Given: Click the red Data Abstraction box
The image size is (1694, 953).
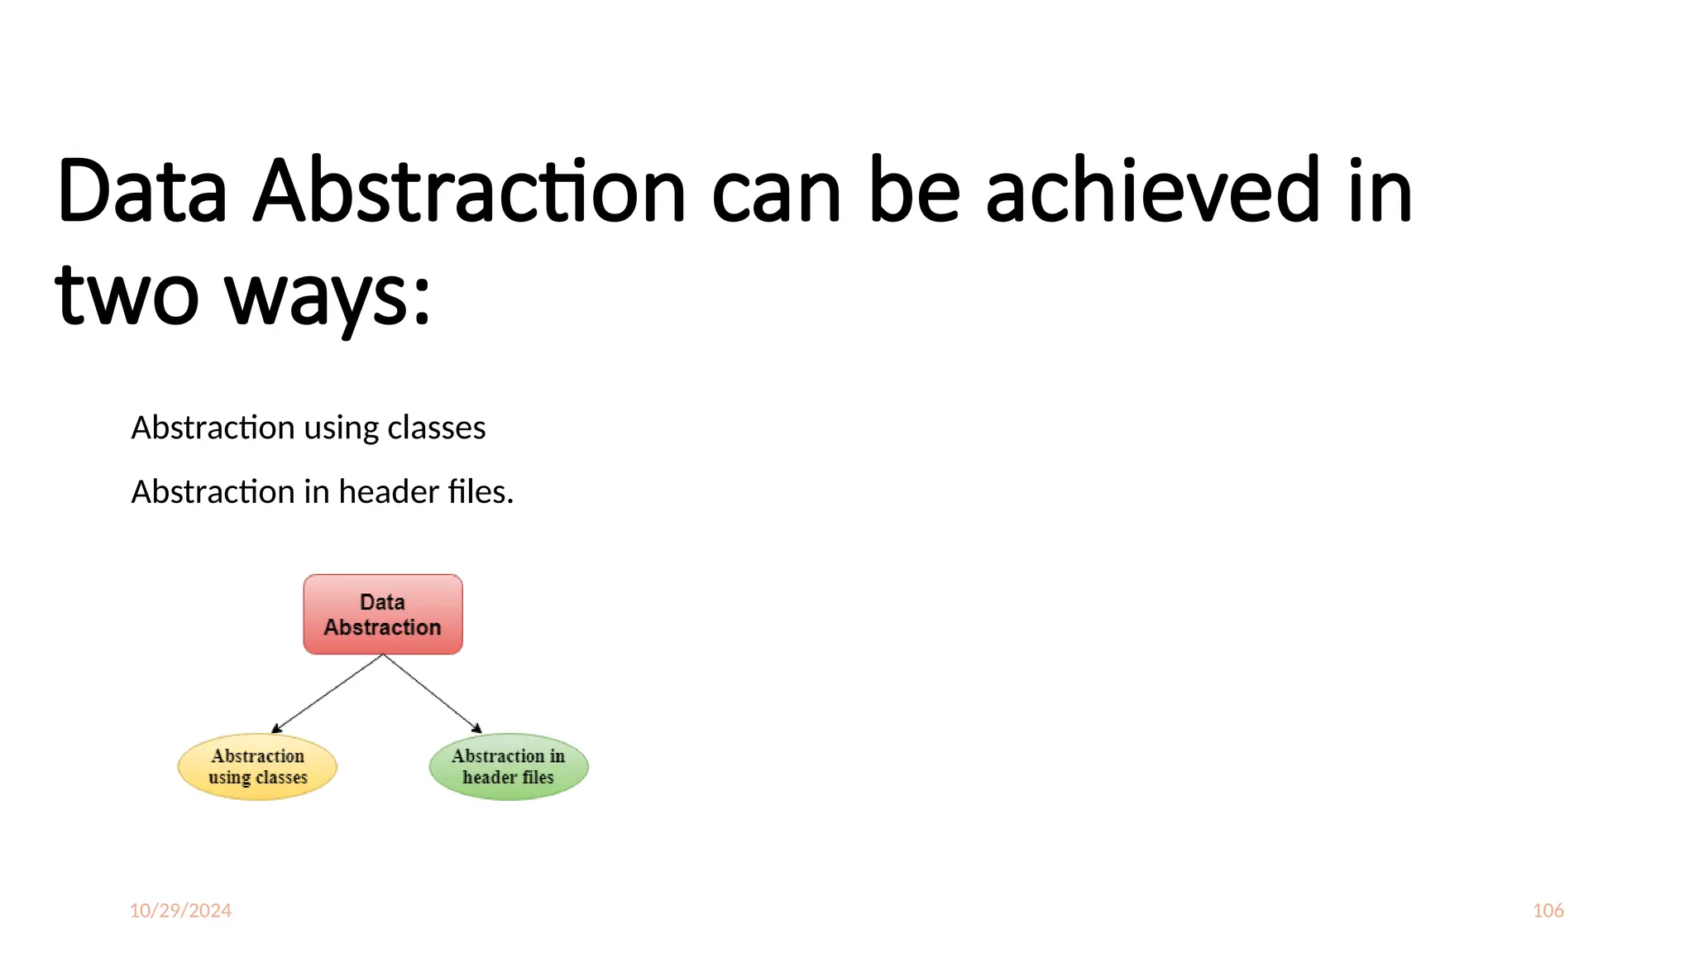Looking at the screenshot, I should pyautogui.click(x=383, y=614).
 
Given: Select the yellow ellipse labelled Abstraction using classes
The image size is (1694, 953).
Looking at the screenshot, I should pyautogui.click(x=257, y=766).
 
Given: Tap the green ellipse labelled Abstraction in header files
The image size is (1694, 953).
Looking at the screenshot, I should pyautogui.click(x=509, y=766).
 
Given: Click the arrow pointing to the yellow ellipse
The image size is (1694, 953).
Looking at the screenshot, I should pyautogui.click(x=328, y=693).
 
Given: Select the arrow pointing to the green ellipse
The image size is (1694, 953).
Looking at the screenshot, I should pyautogui.click(x=432, y=693).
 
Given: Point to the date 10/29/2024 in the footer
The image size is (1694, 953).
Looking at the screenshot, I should pyautogui.click(x=180, y=910).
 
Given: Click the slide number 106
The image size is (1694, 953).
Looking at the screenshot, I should pyautogui.click(x=1548, y=910).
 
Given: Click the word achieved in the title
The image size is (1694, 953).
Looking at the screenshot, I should pyautogui.click(x=1152, y=191).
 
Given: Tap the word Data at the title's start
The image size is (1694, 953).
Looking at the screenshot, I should pyautogui.click(x=141, y=191).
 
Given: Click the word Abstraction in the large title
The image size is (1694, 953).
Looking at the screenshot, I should pyautogui.click(x=469, y=191).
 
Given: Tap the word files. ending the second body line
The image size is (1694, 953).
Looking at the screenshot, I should pyautogui.click(x=481, y=492).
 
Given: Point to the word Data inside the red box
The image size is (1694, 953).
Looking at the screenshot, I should pyautogui.click(x=382, y=602).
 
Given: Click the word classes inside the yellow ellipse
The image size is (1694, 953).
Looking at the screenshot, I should pyautogui.click(x=281, y=778).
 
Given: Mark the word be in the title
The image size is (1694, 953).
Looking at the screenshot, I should pyautogui.click(x=914, y=191).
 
